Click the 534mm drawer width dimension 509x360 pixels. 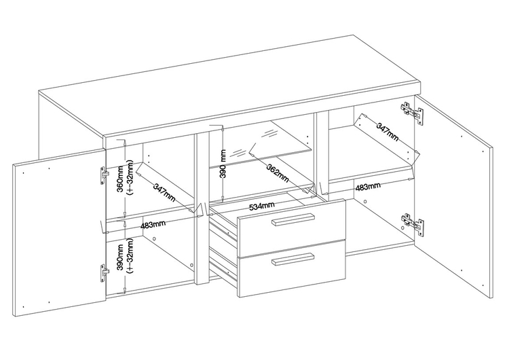click(x=261, y=206)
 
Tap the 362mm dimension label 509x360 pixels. click(x=277, y=173)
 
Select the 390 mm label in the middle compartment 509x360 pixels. click(x=223, y=164)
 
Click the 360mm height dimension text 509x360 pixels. click(x=120, y=179)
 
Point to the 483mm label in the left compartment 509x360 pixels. click(x=153, y=225)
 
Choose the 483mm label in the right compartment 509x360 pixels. click(x=368, y=187)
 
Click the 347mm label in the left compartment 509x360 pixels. click(x=164, y=193)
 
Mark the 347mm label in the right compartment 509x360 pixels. click(x=387, y=131)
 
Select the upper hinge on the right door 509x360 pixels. click(x=412, y=113)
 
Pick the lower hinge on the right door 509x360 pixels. click(x=412, y=223)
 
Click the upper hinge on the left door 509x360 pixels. click(x=103, y=176)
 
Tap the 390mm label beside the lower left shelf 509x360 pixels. click(x=120, y=262)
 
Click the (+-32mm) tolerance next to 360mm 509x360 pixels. click(x=130, y=177)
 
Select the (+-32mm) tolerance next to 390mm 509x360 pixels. click(x=130, y=256)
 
